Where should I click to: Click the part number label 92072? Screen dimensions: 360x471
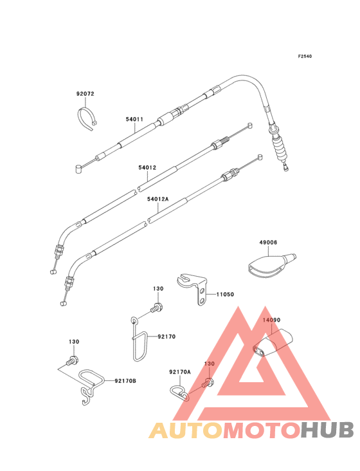pyautogui.click(x=85, y=94)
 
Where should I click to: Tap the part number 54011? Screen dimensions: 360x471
pyautogui.click(x=134, y=119)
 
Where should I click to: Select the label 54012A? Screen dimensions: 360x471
pyautogui.click(x=158, y=199)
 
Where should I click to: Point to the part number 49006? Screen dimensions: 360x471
pyautogui.click(x=268, y=243)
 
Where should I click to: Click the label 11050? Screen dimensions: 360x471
pyautogui.click(x=225, y=295)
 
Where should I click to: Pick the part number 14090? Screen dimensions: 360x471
pyautogui.click(x=271, y=320)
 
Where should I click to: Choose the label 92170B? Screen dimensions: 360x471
pyautogui.click(x=125, y=381)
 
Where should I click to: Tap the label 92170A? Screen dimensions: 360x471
pyautogui.click(x=180, y=372)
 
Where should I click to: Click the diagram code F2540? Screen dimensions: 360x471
pyautogui.click(x=305, y=56)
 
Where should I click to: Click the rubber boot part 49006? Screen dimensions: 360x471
pyautogui.click(x=271, y=266)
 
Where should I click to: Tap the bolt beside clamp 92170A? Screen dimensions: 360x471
pyautogui.click(x=208, y=383)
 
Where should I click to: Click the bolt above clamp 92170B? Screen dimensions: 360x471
pyautogui.click(x=72, y=360)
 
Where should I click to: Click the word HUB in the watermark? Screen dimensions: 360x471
pyautogui.click(x=328, y=430)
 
